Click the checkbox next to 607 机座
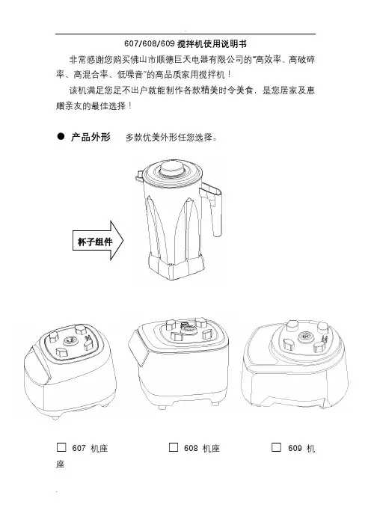[61, 447]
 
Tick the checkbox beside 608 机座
[173, 447]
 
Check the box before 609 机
[276, 447]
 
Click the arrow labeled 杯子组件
[98, 240]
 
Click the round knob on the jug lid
[172, 168]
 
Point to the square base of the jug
[177, 267]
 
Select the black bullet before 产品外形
[61, 136]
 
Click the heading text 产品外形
[91, 137]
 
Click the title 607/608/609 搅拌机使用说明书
[185, 44]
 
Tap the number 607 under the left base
[79, 448]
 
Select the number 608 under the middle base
[191, 448]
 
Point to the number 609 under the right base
[295, 448]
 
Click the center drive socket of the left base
[70, 340]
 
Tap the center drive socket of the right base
[304, 336]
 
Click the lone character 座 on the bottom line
[61, 464]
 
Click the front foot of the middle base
[162, 407]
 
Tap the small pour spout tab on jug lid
[139, 174]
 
